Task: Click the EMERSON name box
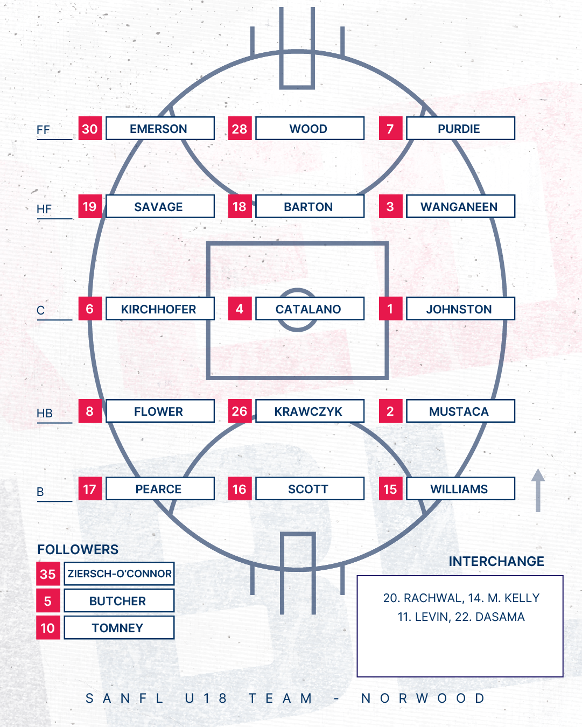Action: coord(160,129)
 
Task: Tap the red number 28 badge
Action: coord(240,129)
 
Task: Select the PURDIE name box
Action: coord(460,129)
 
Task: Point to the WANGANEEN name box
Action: coord(460,207)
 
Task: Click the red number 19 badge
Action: coord(90,207)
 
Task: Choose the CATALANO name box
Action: coord(310,309)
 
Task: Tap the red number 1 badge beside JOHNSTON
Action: coord(390,309)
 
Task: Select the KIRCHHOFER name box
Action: coord(160,309)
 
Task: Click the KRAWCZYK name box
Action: coord(310,411)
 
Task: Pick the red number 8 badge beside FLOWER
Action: coord(90,411)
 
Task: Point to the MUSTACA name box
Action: coord(460,411)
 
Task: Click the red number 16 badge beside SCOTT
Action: coord(240,489)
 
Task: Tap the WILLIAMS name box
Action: coord(460,489)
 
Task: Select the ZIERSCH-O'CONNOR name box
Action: coord(119,574)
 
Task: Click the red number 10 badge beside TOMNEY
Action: coord(48,628)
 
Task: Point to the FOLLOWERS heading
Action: coord(78,549)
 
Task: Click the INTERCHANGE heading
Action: coord(496,561)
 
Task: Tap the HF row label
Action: coord(44,209)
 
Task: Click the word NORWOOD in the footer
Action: coord(423,698)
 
